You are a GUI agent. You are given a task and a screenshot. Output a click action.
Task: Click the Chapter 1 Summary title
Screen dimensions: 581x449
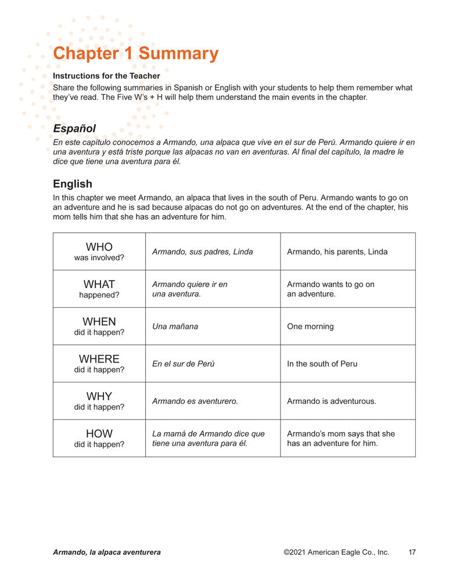tap(135, 53)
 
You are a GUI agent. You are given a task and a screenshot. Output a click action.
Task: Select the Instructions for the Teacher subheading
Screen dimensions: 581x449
tap(106, 76)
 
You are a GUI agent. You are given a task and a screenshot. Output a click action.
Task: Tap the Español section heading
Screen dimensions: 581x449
tap(74, 128)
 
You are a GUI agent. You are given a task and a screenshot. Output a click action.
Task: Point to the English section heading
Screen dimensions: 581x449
tap(73, 184)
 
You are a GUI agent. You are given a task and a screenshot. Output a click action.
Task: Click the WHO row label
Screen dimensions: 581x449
tap(99, 248)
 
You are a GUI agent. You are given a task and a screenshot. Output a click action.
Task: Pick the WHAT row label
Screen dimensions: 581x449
tap(99, 285)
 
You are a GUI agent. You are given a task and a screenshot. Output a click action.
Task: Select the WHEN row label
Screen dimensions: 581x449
tap(99, 322)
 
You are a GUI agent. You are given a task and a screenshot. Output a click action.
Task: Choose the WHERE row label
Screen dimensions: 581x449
tap(99, 359)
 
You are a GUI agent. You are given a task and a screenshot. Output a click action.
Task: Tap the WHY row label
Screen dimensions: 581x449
tap(99, 396)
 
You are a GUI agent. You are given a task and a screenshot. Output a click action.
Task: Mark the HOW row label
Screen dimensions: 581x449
tap(99, 433)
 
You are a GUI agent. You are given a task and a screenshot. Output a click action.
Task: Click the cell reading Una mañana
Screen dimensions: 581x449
tap(175, 327)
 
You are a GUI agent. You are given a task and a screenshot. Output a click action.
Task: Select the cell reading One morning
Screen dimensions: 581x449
tap(310, 327)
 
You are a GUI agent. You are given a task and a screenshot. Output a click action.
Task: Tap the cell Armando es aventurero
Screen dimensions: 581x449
tap(195, 401)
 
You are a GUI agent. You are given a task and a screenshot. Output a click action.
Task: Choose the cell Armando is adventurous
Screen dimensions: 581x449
tap(331, 401)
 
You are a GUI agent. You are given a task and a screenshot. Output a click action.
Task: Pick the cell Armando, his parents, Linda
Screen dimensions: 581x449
tap(337, 252)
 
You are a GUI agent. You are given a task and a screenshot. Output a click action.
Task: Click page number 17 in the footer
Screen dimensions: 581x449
tap(412, 552)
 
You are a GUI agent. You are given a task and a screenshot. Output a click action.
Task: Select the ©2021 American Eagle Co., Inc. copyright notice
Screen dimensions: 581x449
tap(336, 552)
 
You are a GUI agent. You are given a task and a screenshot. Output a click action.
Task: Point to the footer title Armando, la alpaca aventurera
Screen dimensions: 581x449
tap(107, 552)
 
